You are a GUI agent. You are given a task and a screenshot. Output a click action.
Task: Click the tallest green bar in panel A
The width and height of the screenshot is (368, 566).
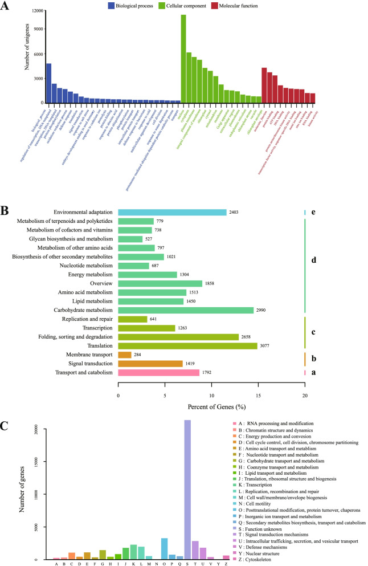[x=183, y=57]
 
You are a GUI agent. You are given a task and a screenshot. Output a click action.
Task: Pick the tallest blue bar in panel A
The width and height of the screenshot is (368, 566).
[x=49, y=83]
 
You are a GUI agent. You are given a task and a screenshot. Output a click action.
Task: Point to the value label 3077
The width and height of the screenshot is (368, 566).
[x=267, y=345]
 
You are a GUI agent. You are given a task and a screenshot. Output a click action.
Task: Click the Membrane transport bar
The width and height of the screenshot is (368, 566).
[x=125, y=355]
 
